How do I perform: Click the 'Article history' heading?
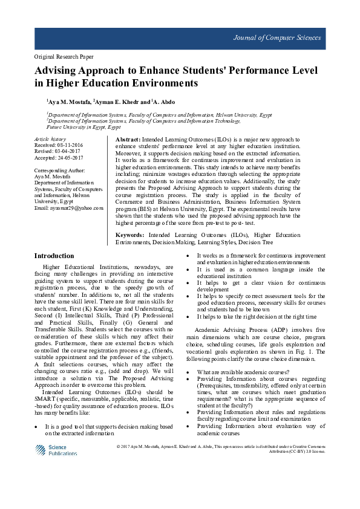pyautogui.click(x=50, y=139)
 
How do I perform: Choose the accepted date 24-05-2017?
pyautogui.click(x=72, y=157)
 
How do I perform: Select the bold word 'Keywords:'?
pyautogui.click(x=129, y=234)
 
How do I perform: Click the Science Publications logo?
pyautogui.click(x=55, y=450)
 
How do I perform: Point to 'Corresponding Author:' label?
pyautogui.click(x=60, y=170)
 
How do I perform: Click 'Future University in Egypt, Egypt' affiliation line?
pyautogui.click(x=83, y=127)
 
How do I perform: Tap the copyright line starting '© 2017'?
pyautogui.click(x=221, y=447)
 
